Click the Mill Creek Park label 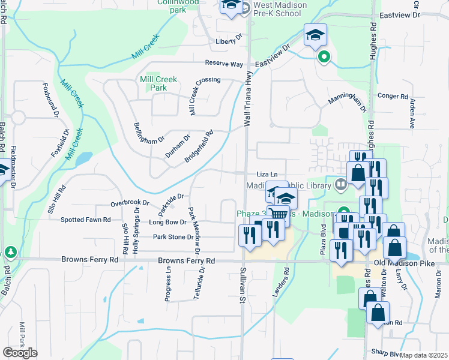(153, 83)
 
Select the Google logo (20, 353)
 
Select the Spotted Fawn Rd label (85, 220)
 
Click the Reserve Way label (224, 63)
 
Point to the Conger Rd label (393, 95)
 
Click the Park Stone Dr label (173, 237)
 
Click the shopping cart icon (279, 215)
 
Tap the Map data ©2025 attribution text (424, 355)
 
